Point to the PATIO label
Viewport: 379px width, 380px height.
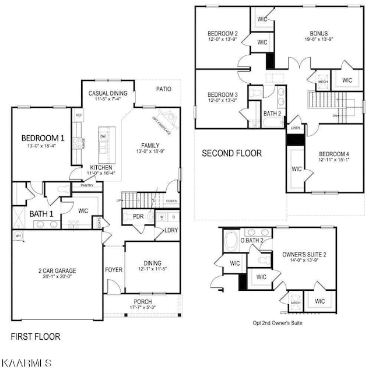pos(163,89)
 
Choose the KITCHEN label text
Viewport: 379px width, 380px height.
pos(101,167)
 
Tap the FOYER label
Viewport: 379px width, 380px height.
pos(113,270)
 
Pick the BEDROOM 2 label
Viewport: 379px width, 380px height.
pos(223,33)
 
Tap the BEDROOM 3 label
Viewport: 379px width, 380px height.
pos(222,94)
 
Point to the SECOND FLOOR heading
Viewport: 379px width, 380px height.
pos(231,154)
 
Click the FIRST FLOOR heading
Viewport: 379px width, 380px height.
pos(36,336)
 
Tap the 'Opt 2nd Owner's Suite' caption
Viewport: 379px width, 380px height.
pos(278,322)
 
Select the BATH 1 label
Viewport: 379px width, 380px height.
pos(41,214)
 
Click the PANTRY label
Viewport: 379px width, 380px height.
pos(79,185)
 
